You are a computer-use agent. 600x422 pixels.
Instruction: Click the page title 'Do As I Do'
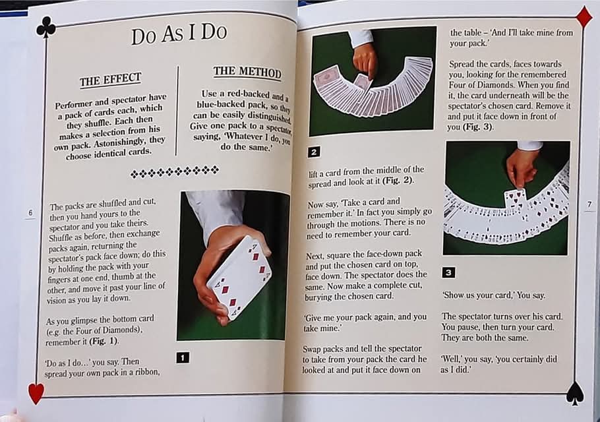pyautogui.click(x=178, y=34)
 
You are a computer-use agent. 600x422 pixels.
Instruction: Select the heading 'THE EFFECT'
pyautogui.click(x=110, y=80)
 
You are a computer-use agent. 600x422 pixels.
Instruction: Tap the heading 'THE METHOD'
pyautogui.click(x=247, y=72)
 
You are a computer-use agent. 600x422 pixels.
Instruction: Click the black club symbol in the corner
pyautogui.click(x=45, y=26)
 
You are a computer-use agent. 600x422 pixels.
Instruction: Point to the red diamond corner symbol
pyautogui.click(x=584, y=16)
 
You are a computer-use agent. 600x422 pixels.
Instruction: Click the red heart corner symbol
pyautogui.click(x=36, y=393)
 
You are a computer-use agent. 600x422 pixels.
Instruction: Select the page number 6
pyautogui.click(x=30, y=212)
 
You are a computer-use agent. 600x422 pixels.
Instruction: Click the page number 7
pyautogui.click(x=589, y=204)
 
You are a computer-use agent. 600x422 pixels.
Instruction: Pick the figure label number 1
pyautogui.click(x=183, y=357)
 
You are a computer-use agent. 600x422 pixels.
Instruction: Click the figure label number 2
pyautogui.click(x=315, y=152)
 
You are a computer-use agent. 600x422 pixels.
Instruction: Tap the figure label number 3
pyautogui.click(x=448, y=272)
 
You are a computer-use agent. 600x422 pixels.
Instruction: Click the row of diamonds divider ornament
pyautogui.click(x=175, y=173)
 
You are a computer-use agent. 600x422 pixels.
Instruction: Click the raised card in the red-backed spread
pyautogui.click(x=361, y=81)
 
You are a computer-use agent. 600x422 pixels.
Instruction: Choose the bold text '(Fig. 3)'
pyautogui.click(x=477, y=127)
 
